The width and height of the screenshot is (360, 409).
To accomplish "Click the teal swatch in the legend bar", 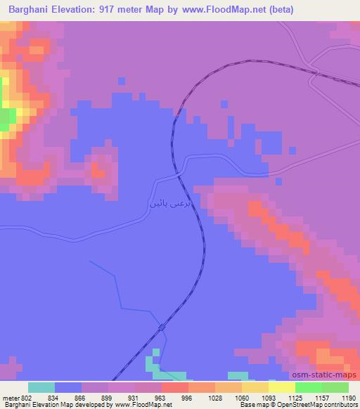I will tap(41, 387).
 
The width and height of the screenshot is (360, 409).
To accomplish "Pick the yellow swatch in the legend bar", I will tap(281, 387).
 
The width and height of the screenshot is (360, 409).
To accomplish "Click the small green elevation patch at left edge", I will tap(6, 118).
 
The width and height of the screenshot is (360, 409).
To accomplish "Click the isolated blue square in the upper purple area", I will tap(122, 81).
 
